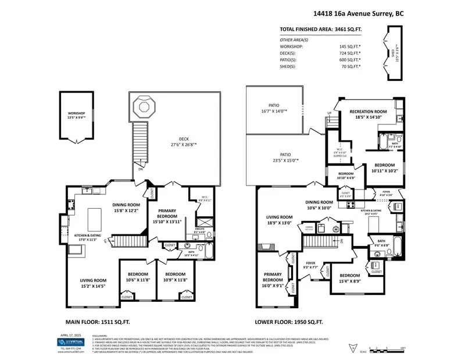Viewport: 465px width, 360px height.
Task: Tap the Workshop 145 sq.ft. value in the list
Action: (348, 46)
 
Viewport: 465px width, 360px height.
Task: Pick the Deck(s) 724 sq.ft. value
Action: (348, 53)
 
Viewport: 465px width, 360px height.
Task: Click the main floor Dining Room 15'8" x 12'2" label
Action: (127, 208)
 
